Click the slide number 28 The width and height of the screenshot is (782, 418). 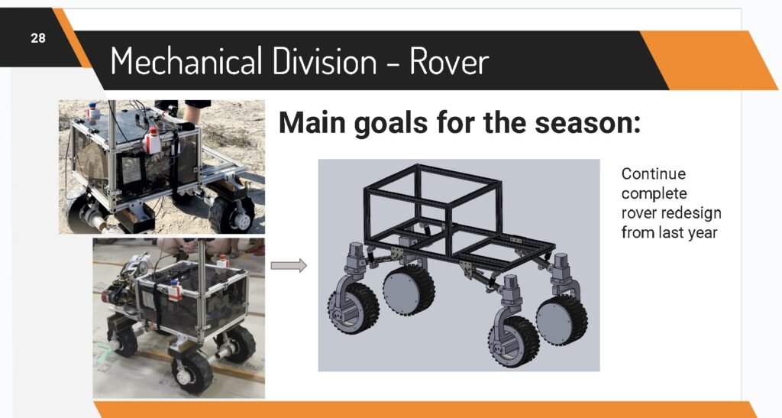coord(38,38)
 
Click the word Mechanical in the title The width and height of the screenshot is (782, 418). coord(186,61)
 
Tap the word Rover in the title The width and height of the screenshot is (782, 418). coord(449,62)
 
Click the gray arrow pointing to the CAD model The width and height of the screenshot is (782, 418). coord(289,265)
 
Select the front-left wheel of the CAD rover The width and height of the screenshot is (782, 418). coord(353,308)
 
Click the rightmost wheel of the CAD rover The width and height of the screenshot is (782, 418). coord(561,321)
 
